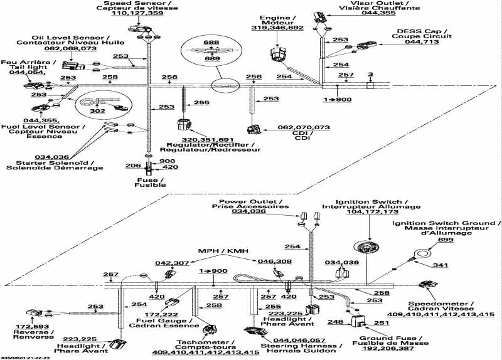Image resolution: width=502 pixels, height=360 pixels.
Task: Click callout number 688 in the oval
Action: pos(215,42)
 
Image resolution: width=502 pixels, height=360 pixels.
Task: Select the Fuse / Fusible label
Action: pos(151,183)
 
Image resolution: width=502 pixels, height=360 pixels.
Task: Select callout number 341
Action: pos(442,266)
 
